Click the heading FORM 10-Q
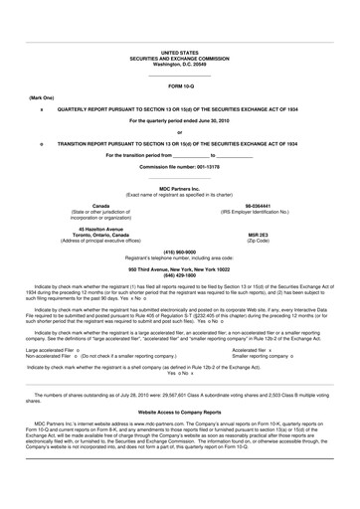(179, 86)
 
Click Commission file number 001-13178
(179, 166)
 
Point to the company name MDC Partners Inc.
(179, 188)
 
